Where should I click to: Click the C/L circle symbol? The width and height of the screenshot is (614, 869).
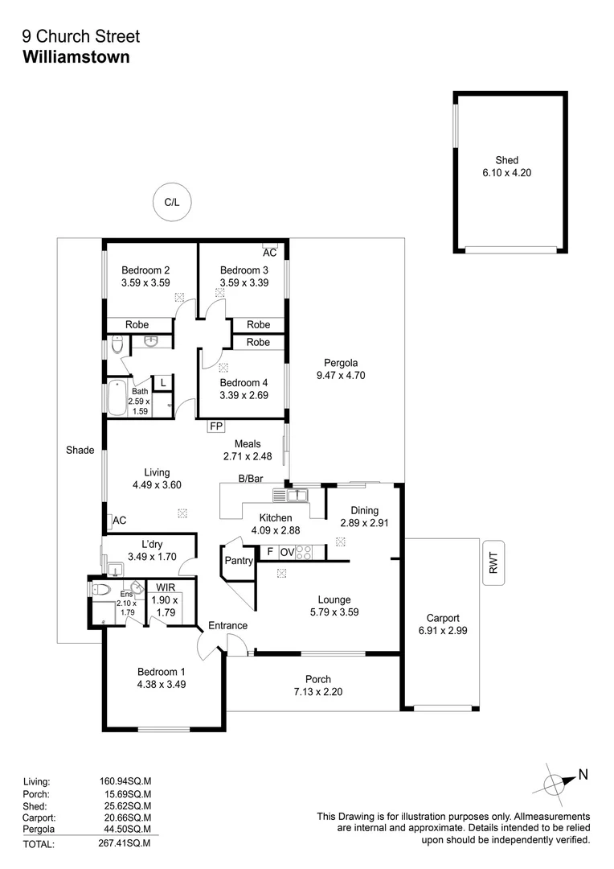[171, 203]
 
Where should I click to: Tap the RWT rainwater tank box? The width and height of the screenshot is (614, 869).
[493, 561]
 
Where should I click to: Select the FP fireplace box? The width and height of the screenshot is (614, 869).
[215, 426]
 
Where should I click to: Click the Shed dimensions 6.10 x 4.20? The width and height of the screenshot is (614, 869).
[507, 172]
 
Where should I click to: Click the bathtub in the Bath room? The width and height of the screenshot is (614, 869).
[117, 397]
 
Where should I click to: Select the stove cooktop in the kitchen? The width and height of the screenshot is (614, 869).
[305, 553]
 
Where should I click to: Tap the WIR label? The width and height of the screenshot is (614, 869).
[166, 587]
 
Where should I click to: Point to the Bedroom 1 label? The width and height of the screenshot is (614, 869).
[161, 672]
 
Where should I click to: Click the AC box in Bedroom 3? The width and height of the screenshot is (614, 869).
[270, 251]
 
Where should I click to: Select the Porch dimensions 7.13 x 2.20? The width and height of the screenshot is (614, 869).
[318, 692]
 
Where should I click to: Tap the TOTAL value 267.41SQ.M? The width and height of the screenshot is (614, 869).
[123, 844]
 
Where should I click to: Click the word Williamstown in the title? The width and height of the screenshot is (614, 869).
[76, 57]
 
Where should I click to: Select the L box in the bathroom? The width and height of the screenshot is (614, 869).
[162, 383]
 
